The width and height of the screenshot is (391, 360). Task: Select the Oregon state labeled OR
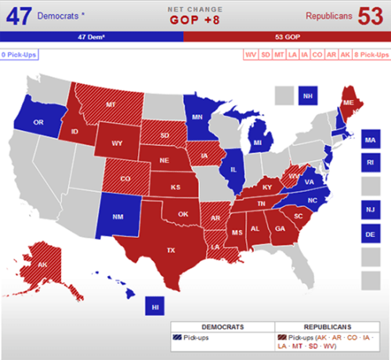click(x=37, y=123)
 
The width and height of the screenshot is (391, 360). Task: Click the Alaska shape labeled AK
click(x=43, y=264)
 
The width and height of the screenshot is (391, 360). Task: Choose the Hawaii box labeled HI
click(x=155, y=307)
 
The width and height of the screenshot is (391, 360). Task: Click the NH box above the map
click(x=308, y=95)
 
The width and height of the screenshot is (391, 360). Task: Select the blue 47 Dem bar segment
click(x=92, y=37)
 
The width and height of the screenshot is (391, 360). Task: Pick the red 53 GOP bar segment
click(x=287, y=37)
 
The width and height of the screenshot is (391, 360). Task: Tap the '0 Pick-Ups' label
click(x=19, y=55)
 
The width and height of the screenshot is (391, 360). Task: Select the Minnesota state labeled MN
click(x=198, y=118)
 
